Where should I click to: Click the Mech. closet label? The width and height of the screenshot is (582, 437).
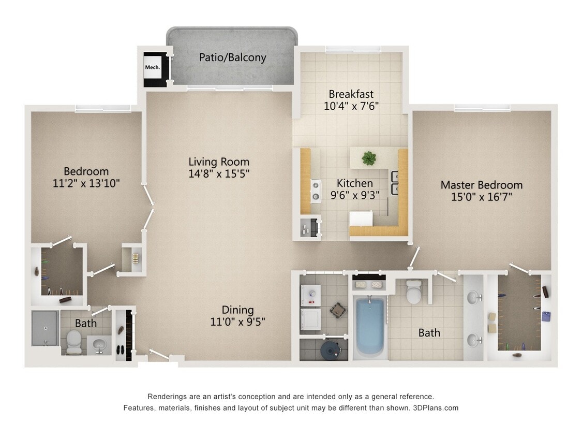coord(152,67)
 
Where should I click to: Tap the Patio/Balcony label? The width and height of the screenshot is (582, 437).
coord(232,57)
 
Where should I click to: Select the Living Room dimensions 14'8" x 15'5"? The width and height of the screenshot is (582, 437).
coord(219,174)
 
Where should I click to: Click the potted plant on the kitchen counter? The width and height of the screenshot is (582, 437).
coord(369,158)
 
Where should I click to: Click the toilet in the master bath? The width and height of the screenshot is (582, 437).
coord(414,292)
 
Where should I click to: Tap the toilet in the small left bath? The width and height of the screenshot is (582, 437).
coord(74,340)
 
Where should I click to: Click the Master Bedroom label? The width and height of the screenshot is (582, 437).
coord(481,185)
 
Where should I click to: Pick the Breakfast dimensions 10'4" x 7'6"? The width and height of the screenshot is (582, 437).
coord(351,106)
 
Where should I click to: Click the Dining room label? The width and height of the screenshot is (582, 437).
coord(237,310)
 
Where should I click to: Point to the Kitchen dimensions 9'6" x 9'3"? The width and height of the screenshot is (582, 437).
coord(354,195)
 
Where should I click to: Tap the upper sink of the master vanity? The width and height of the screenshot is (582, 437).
coord(473,298)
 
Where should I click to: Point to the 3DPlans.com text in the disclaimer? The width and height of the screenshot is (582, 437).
coord(436,407)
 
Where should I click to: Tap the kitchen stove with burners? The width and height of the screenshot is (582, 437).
coord(315,191)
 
